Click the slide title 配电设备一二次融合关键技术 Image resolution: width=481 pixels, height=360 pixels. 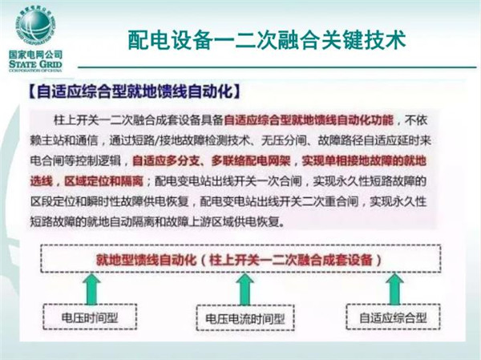(267, 40)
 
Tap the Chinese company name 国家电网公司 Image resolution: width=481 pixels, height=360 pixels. (35, 55)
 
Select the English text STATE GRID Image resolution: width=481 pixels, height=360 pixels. (35, 64)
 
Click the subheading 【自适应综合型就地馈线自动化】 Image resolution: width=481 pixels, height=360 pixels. (134, 91)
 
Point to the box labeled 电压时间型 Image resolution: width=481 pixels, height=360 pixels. (90, 318)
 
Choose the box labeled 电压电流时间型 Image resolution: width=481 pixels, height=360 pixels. (245, 318)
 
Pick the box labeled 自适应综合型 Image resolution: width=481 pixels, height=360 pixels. (393, 317)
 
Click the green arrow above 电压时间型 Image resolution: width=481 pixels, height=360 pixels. (91, 289)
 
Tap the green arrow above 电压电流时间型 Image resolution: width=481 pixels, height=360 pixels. (245, 289)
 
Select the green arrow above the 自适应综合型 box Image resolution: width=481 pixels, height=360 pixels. (394, 289)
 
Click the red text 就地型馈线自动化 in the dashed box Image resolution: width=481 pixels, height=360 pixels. (146, 260)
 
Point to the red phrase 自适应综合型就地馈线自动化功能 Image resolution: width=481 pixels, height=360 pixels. (309, 120)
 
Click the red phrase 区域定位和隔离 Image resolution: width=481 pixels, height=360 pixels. (103, 181)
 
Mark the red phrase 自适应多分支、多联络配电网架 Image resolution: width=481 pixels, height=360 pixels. (212, 161)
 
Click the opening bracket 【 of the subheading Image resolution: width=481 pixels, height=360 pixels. (32, 91)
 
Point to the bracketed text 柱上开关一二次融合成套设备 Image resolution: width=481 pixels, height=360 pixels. (291, 260)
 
